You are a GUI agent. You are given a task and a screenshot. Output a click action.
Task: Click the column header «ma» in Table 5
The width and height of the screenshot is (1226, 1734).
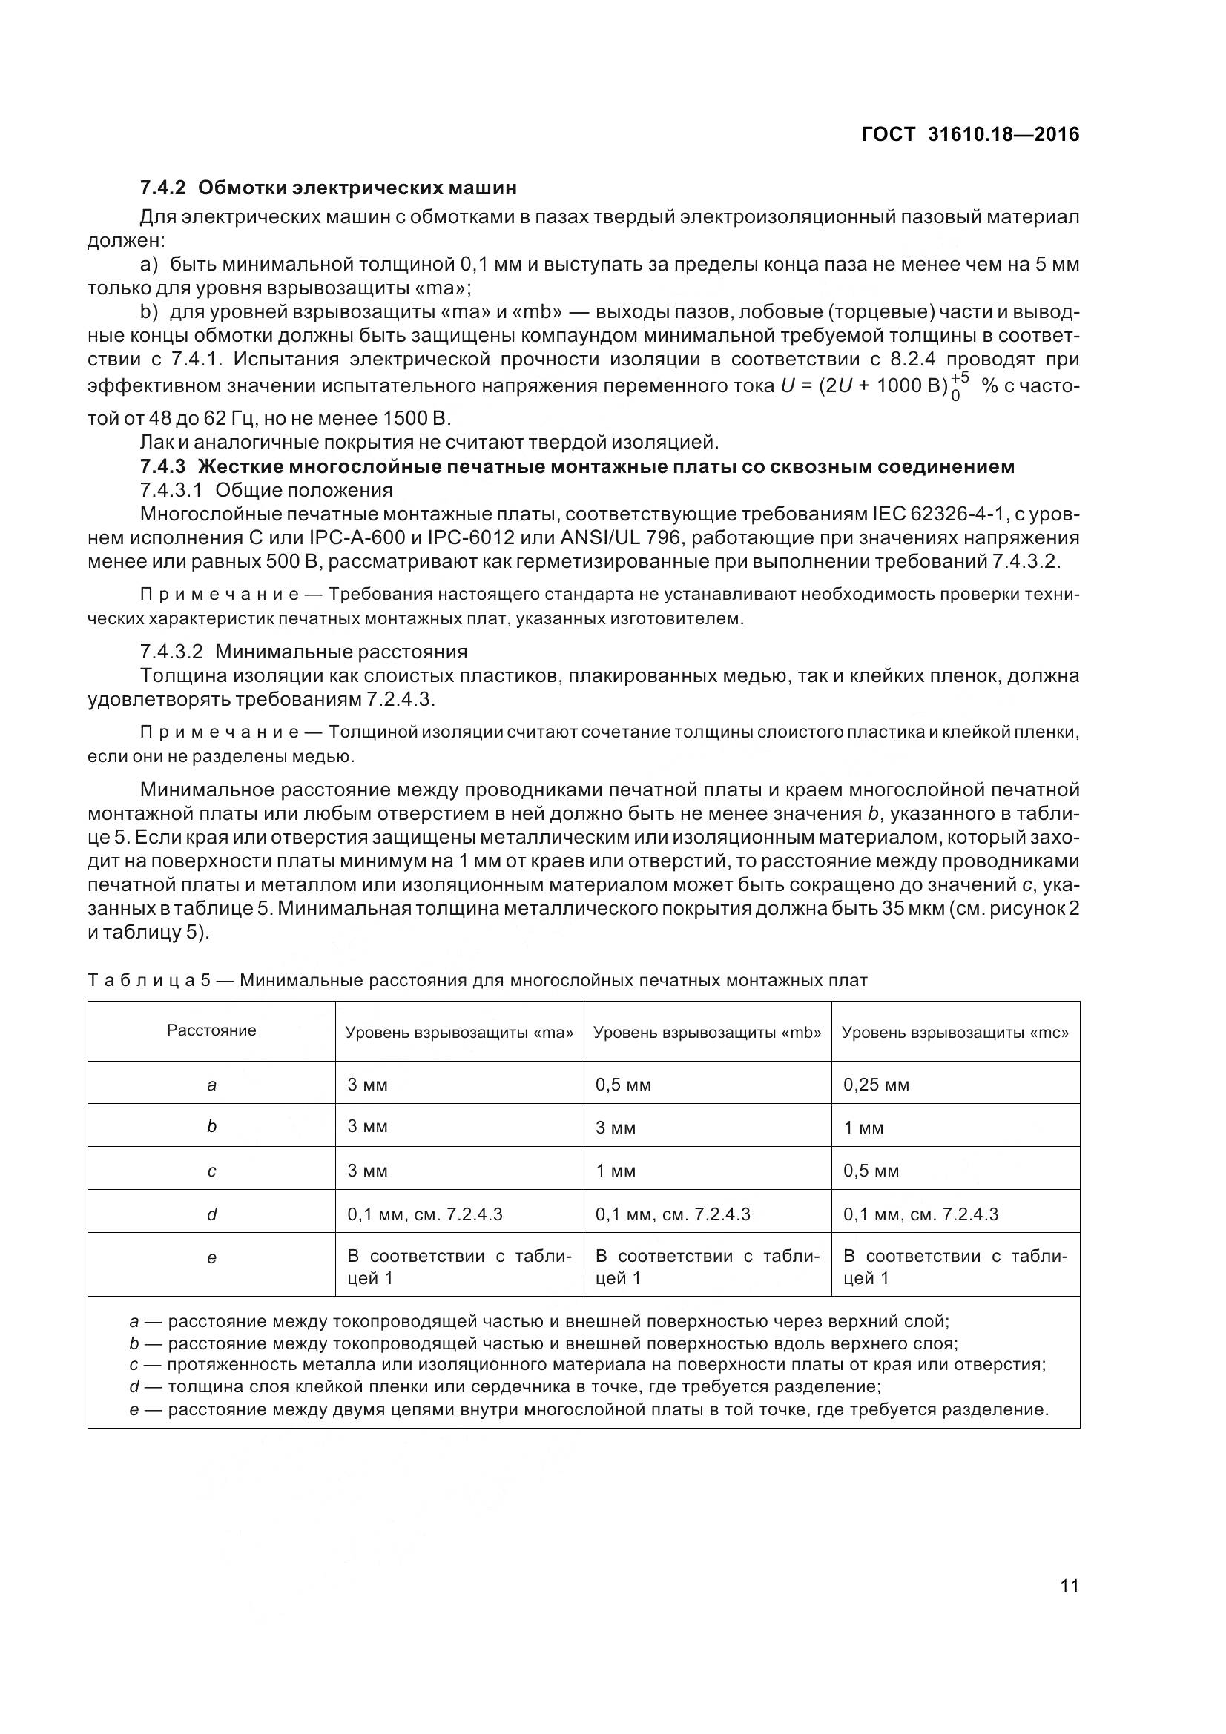pos(459,1033)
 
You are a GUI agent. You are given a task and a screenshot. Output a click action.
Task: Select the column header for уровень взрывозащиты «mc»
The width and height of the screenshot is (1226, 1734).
pos(955,1033)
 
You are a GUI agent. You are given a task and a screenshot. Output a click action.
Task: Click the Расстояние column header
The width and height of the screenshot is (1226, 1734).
pos(211,1030)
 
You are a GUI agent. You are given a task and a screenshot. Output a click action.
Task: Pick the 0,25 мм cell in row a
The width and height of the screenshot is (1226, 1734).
pos(875,1085)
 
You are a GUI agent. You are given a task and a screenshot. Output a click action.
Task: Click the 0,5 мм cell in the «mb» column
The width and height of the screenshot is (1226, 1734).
pos(622,1085)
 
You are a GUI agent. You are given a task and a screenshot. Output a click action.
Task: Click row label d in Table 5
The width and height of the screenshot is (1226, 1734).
pos(211,1214)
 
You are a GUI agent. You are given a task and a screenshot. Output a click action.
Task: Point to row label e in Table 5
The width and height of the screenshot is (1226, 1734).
pos(211,1257)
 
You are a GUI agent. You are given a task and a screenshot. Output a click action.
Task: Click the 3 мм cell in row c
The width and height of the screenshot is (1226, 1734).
pos(367,1171)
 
